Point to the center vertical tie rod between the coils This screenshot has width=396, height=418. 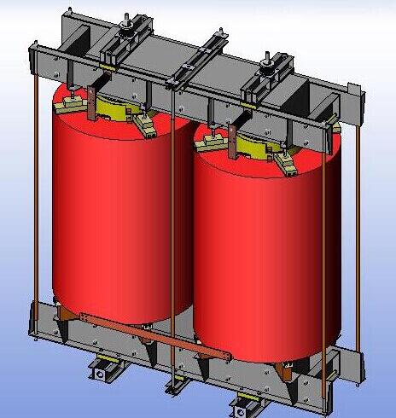[x=173, y=239]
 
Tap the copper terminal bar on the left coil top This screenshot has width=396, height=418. [x=89, y=99]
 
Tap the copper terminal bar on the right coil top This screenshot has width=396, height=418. [x=231, y=136]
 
